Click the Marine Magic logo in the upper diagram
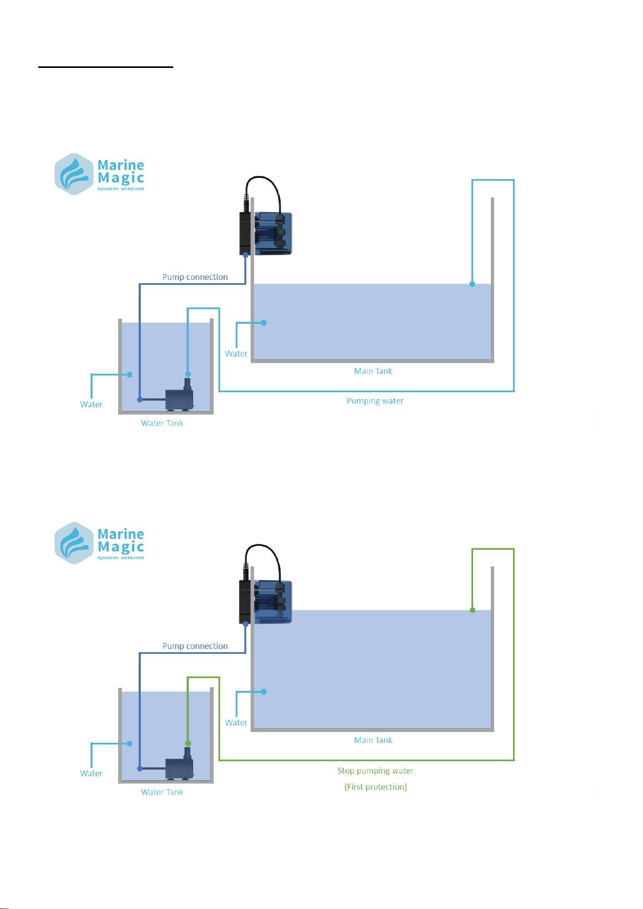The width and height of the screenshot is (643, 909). (x=99, y=173)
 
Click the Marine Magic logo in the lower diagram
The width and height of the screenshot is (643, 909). (x=99, y=542)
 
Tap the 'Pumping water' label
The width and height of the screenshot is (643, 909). (x=375, y=401)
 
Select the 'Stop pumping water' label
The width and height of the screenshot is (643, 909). (x=375, y=771)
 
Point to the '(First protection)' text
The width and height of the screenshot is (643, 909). (x=375, y=787)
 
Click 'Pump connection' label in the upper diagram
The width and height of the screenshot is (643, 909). (x=195, y=277)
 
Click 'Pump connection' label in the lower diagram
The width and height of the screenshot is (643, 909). (x=195, y=646)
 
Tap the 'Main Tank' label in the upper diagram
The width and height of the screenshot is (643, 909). (x=373, y=371)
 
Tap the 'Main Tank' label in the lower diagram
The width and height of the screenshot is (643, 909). (x=373, y=740)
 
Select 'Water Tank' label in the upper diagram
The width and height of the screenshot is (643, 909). (x=162, y=423)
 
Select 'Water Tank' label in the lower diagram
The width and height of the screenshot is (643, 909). (x=162, y=792)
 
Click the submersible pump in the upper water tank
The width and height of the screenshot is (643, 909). (x=180, y=398)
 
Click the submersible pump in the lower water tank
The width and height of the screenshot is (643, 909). (x=180, y=767)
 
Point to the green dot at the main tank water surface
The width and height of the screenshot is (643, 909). (x=473, y=610)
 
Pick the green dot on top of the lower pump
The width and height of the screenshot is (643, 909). (x=188, y=743)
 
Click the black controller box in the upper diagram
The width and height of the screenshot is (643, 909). (x=246, y=233)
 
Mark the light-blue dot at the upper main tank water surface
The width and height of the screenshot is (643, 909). (x=472, y=284)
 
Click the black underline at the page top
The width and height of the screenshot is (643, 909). (x=106, y=67)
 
